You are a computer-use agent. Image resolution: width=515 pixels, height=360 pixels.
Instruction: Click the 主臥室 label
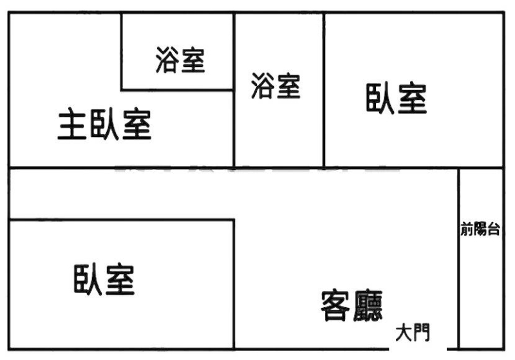pos(105,125)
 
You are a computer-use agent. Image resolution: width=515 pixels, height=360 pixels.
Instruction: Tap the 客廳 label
pos(352,305)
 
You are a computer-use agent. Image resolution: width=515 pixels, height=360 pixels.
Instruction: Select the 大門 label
pos(413,333)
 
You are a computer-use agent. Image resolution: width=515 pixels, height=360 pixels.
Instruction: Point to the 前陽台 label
pos(480,229)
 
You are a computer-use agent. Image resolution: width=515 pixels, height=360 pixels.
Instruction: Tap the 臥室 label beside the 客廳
pos(104,279)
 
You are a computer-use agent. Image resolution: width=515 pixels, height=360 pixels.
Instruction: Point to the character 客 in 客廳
pos(336,305)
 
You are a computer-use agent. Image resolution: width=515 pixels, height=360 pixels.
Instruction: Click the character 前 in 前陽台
pos(467,229)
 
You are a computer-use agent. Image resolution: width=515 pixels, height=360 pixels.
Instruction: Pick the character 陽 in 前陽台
pos(480,229)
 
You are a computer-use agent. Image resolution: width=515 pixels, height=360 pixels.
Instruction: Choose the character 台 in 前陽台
pos(493,229)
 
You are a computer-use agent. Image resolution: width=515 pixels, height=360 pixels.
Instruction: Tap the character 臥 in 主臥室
pos(105,125)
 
